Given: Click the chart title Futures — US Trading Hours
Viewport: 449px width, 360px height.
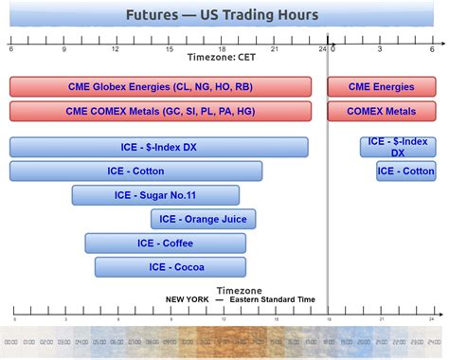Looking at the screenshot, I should pyautogui.click(x=224, y=15).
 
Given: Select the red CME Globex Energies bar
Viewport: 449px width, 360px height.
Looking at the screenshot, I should pyautogui.click(x=160, y=86).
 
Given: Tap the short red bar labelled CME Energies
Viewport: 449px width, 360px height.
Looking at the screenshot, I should pyautogui.click(x=382, y=86).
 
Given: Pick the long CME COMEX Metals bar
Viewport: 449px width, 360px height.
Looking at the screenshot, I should pyautogui.click(x=160, y=111).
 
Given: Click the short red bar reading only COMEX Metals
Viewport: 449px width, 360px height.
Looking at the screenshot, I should pyautogui.click(x=382, y=111).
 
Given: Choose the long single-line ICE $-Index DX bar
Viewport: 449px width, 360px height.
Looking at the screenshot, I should pyautogui.click(x=159, y=147).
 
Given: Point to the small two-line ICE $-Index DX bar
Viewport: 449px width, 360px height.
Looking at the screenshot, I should pyautogui.click(x=398, y=147).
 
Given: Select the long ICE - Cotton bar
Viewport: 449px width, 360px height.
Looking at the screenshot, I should pyautogui.click(x=135, y=171).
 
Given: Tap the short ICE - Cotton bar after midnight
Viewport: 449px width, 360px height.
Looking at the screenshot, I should pyautogui.click(x=405, y=171).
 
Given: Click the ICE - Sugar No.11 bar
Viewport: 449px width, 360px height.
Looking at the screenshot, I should pyautogui.click(x=155, y=195).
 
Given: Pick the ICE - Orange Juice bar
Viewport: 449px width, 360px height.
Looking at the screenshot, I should pyautogui.click(x=203, y=219).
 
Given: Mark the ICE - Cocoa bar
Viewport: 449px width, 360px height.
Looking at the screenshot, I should pyautogui.click(x=171, y=267).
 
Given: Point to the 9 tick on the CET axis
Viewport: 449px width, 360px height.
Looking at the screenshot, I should pyautogui.click(x=63, y=47).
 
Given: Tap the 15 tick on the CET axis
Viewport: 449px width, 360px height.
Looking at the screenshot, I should pyautogui.click(x=170, y=47).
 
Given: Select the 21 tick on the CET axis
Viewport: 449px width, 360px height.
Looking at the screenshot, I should pyautogui.click(x=275, y=47).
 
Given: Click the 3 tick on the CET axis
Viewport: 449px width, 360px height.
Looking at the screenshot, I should pyautogui.click(x=380, y=47).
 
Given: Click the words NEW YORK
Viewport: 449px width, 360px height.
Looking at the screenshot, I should pyautogui.click(x=187, y=299).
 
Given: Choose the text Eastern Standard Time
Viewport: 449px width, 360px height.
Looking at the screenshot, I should pyautogui.click(x=274, y=299).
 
